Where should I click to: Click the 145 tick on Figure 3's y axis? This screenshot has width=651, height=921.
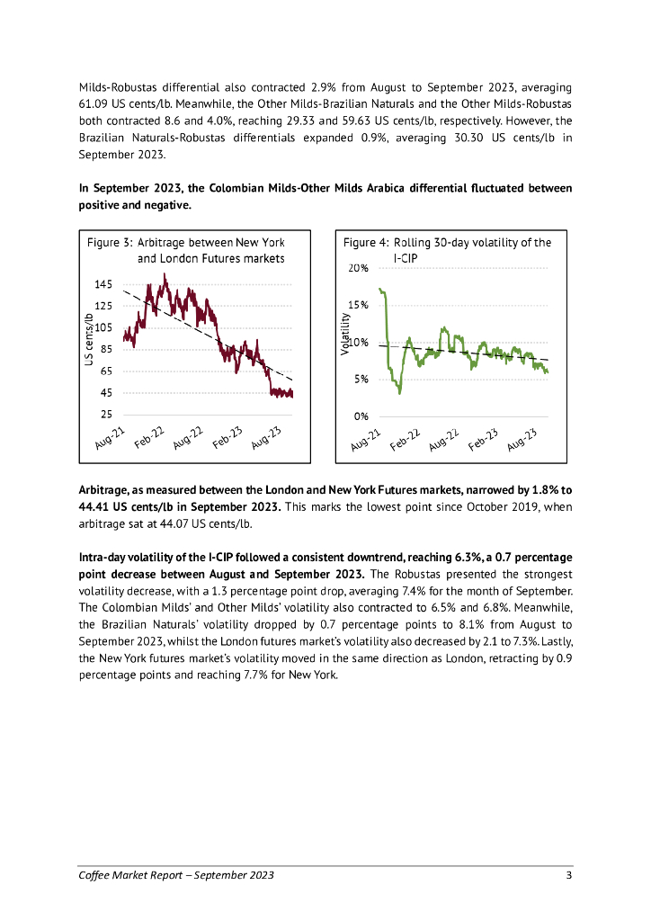103,284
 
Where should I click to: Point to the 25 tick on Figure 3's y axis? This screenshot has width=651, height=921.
105,415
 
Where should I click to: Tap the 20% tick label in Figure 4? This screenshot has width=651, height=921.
358,269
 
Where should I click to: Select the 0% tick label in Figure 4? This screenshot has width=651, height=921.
361,416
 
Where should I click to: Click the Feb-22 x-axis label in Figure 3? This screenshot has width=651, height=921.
150,436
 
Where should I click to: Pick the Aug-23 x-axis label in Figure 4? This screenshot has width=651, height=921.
522,439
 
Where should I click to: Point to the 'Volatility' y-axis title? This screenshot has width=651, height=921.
345,333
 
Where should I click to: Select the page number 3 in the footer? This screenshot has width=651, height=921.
568,875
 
